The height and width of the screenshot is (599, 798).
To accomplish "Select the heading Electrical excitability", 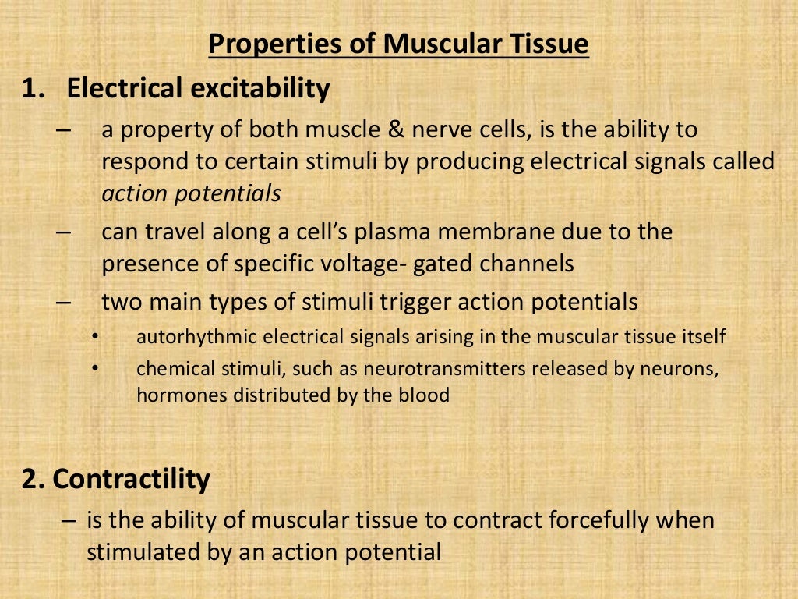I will (199, 89).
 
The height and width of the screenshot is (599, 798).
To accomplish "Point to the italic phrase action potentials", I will (191, 194).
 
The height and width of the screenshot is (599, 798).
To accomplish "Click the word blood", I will (426, 395).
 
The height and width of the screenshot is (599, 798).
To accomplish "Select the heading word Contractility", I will (131, 479).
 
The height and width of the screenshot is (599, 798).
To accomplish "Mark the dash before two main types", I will (65, 302).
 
